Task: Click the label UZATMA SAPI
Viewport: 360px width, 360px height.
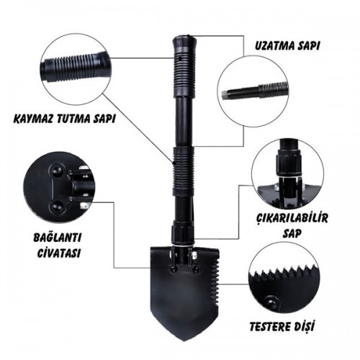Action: pos(287,46)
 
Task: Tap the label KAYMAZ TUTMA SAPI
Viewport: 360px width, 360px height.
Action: pos(64,119)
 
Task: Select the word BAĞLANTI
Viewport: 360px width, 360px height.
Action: pos(58,238)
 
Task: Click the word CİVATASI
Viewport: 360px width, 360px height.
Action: pos(59,253)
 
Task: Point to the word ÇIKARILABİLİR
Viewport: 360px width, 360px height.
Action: pos(292,218)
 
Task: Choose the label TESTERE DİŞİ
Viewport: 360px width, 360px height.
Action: pos(282,326)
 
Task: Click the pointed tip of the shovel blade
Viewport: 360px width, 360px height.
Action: pos(185,341)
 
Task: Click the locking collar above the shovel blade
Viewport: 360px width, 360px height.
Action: pos(181,234)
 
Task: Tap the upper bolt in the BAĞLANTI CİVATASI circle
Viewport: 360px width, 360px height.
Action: pos(58,171)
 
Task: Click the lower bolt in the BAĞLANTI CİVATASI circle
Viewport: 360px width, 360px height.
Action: pos(58,205)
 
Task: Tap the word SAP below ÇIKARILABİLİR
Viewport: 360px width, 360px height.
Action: pos(292,233)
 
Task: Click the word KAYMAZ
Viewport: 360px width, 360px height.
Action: pos(33,119)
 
